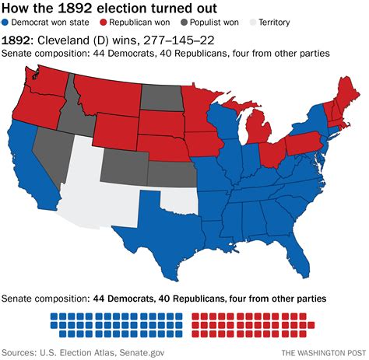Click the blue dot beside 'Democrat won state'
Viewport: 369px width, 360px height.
point(6,23)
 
